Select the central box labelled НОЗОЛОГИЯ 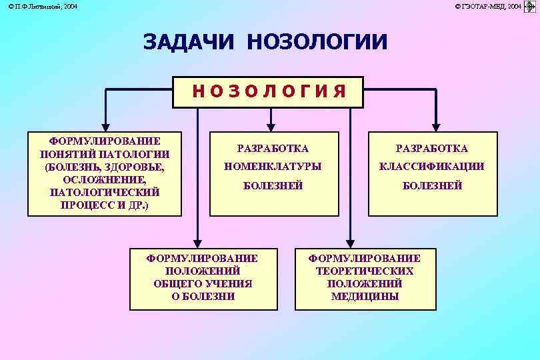[269, 92]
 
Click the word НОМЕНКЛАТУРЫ [273, 166]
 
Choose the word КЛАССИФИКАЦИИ [432, 166]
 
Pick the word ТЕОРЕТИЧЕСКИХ [365, 271]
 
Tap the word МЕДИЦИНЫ [365, 296]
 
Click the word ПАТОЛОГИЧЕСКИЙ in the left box [104, 192]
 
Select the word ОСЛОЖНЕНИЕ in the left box [104, 179]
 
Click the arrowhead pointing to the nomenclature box [271, 123]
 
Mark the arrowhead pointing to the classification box [436, 123]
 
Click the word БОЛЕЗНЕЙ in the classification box [432, 185]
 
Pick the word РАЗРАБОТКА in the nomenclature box [273, 147]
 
